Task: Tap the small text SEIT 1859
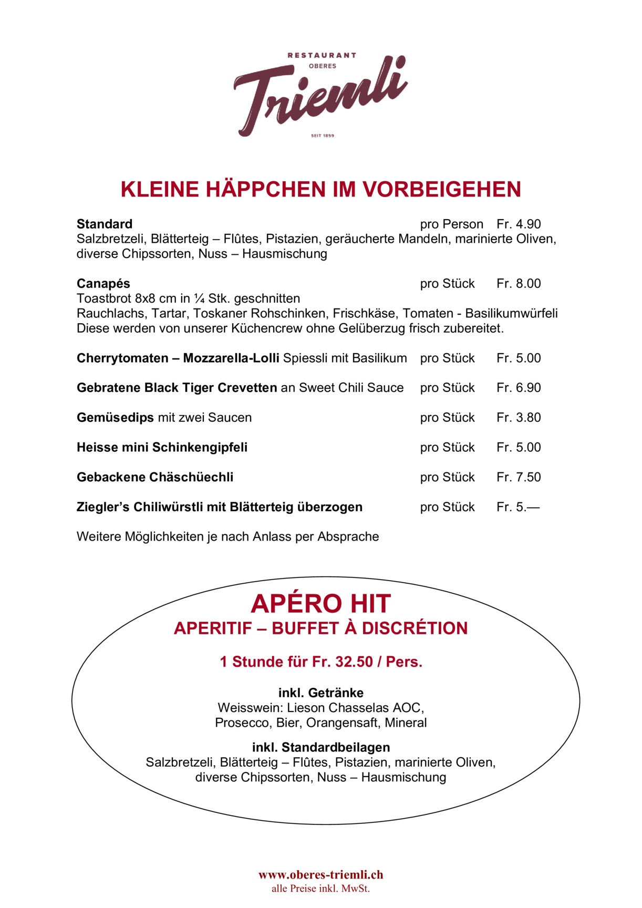(x=323, y=136)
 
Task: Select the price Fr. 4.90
(x=519, y=224)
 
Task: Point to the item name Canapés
(x=103, y=284)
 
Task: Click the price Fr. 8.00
(x=519, y=284)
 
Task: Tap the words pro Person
(x=451, y=224)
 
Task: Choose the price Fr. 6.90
(x=519, y=388)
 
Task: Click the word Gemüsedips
(x=115, y=418)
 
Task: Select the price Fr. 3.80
(x=519, y=418)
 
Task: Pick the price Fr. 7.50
(x=519, y=477)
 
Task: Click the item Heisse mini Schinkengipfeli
(x=162, y=448)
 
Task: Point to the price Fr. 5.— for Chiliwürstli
(x=517, y=507)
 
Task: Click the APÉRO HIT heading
(x=320, y=604)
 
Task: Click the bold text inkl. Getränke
(x=320, y=693)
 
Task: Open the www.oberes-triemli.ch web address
(x=320, y=875)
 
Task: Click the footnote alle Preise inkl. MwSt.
(x=320, y=889)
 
